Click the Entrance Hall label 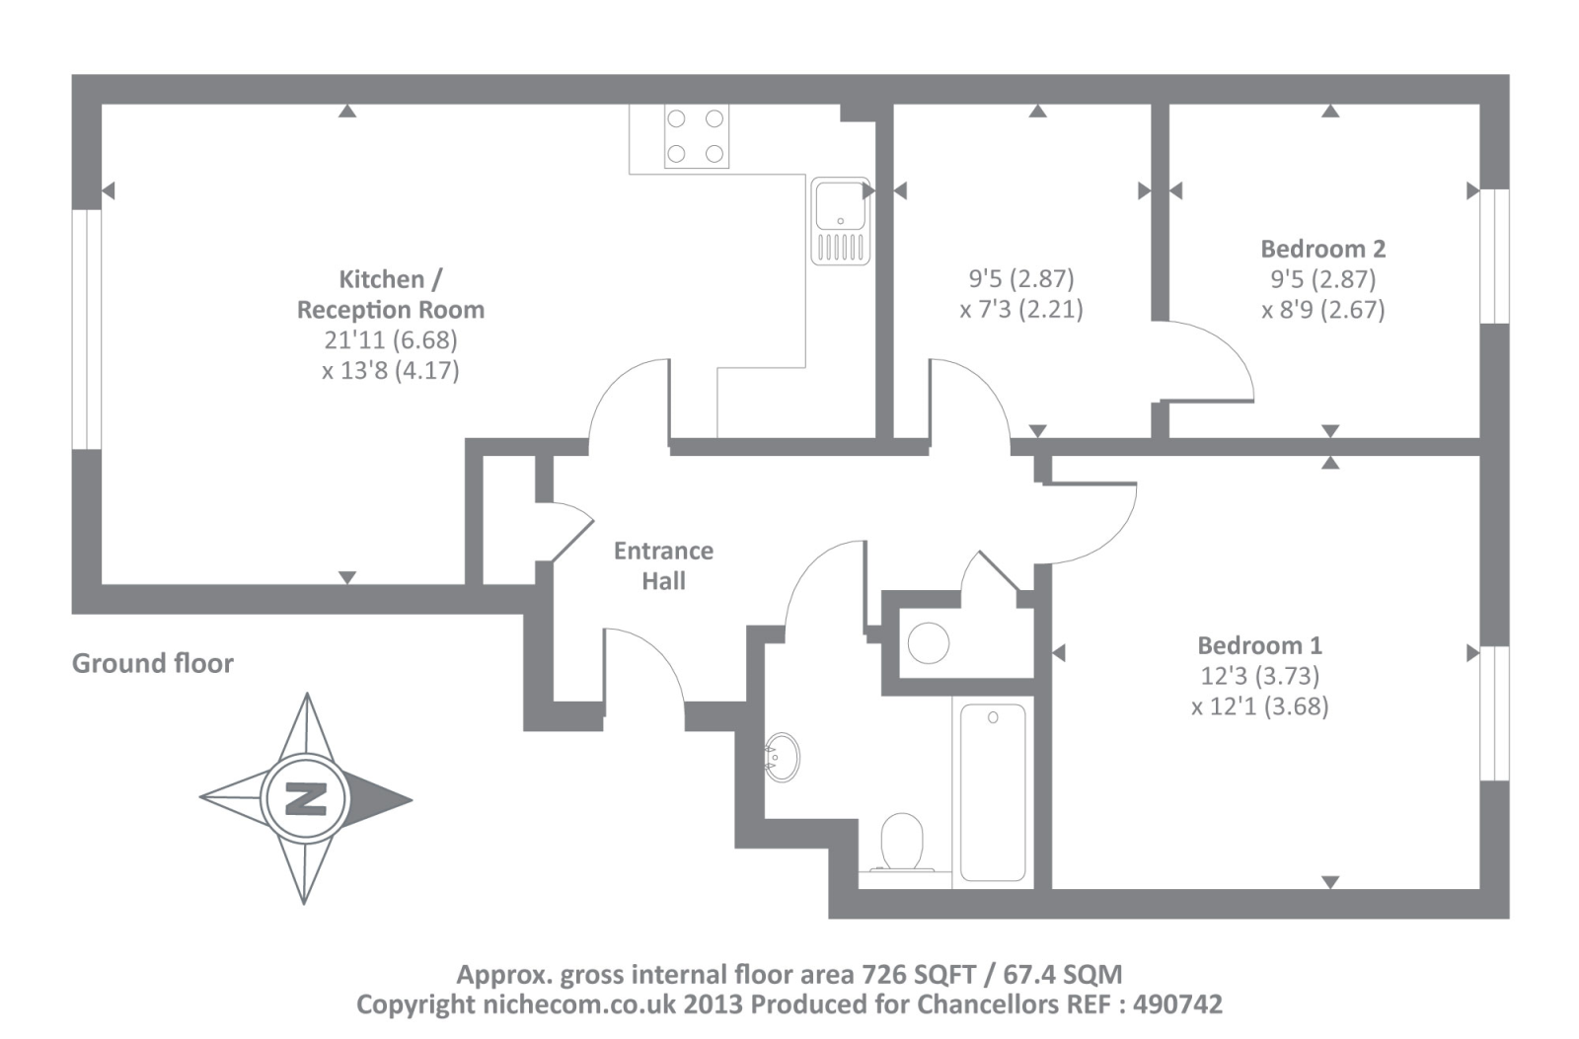(663, 565)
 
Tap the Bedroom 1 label (1259, 645)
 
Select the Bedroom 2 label (1322, 249)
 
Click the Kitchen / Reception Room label (391, 294)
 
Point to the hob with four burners (696, 136)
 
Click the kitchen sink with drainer (841, 222)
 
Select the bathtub (993, 791)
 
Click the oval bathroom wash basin (782, 757)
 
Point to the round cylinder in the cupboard (929, 643)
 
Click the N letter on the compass (306, 798)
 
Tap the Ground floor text (153, 663)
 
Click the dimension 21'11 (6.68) (391, 340)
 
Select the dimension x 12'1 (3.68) (1259, 706)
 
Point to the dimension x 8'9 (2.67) (1322, 310)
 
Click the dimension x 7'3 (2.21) (1021, 310)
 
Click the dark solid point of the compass (380, 798)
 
